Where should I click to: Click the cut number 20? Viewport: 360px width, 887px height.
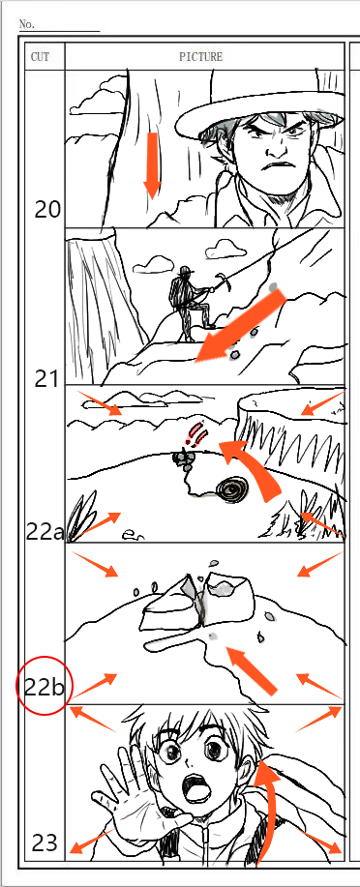tap(47, 210)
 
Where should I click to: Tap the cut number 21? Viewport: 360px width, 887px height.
tap(46, 379)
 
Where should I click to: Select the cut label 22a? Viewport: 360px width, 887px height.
tap(45, 532)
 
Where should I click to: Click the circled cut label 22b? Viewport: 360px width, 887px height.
tap(45, 688)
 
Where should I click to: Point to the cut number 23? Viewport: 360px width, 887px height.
tap(45, 843)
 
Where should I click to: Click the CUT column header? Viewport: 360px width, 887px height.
tap(40, 57)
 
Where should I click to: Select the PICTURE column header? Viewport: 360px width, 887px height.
tap(201, 57)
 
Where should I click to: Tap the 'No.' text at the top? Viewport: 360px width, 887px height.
tap(27, 24)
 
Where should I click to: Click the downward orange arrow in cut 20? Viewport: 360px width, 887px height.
tap(152, 165)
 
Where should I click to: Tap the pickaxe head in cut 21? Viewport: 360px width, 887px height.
tap(225, 281)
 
